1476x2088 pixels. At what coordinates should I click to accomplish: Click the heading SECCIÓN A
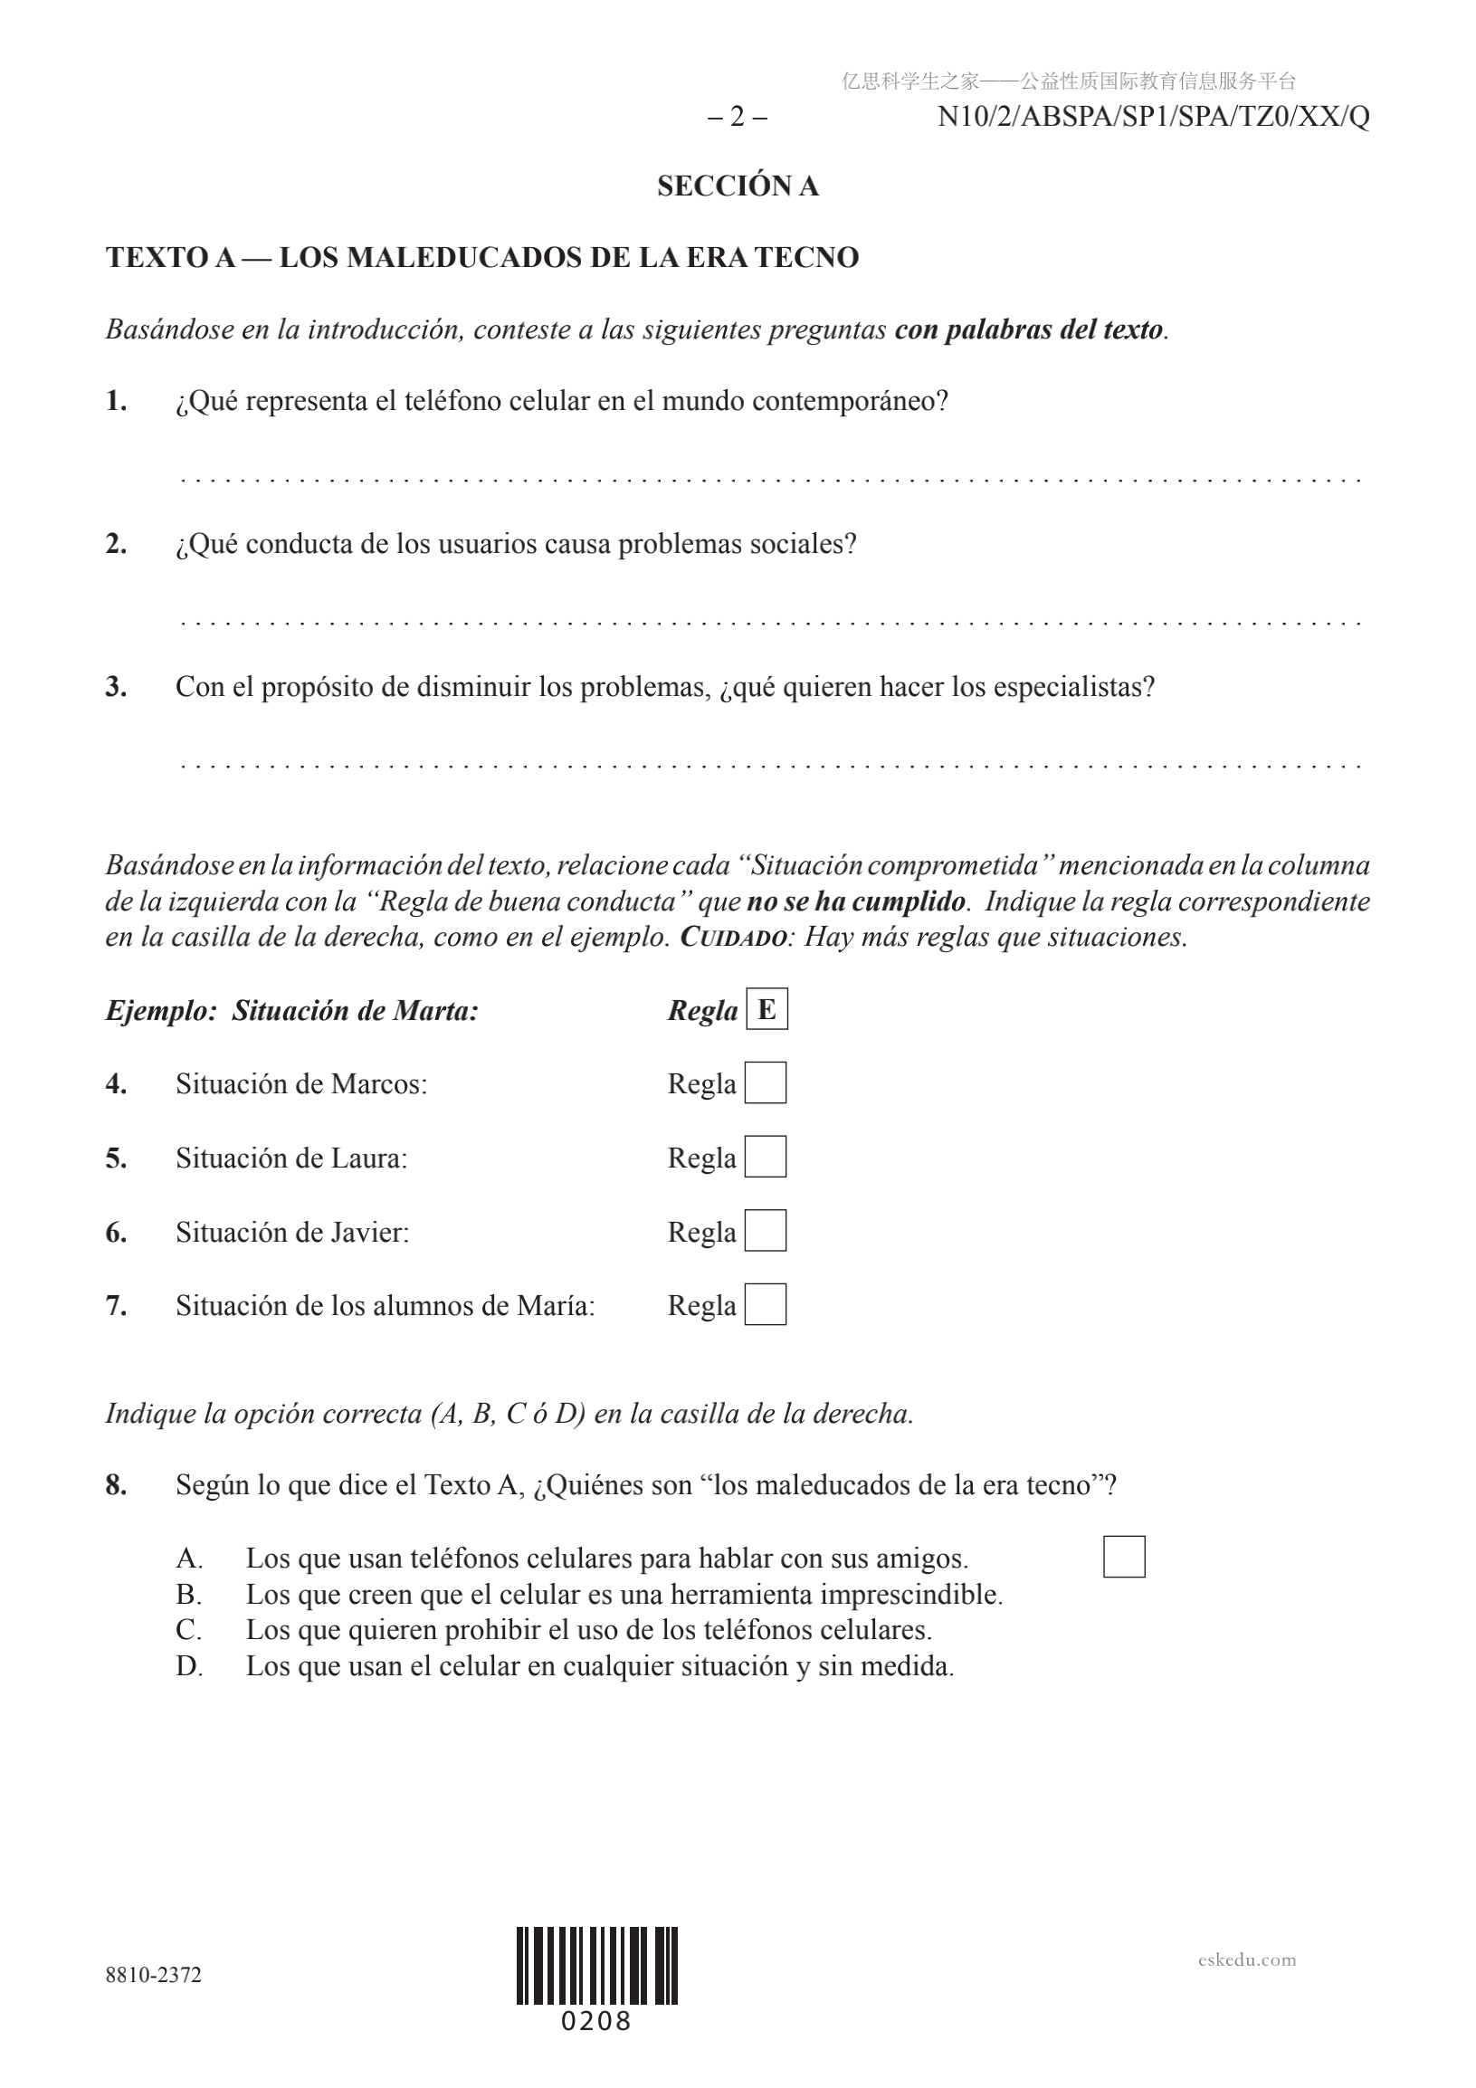click(x=738, y=186)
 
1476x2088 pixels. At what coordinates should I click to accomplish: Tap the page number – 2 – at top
click(x=737, y=118)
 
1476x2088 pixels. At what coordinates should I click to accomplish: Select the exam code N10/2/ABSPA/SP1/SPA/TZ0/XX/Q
click(x=1153, y=118)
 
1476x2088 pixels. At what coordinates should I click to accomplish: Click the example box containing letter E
click(x=767, y=1009)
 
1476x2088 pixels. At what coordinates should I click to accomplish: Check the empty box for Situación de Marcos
click(x=766, y=1083)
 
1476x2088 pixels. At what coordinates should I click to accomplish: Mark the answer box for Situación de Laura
click(x=766, y=1157)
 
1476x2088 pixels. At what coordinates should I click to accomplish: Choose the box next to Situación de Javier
click(x=766, y=1231)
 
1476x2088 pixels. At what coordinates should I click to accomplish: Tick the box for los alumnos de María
click(x=766, y=1305)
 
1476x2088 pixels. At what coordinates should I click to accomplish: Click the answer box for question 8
click(x=1124, y=1557)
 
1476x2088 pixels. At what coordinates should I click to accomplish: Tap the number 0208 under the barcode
click(x=596, y=2022)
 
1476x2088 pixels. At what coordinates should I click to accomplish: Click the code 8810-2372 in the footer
click(x=154, y=1974)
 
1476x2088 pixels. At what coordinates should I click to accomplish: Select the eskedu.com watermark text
click(x=1247, y=1959)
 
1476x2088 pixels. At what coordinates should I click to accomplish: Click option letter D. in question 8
click(x=189, y=1666)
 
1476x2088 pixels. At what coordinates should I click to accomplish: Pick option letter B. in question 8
click(x=189, y=1594)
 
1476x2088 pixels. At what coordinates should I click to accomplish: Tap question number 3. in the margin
click(x=116, y=687)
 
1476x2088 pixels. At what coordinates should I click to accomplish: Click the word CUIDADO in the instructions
click(x=733, y=938)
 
